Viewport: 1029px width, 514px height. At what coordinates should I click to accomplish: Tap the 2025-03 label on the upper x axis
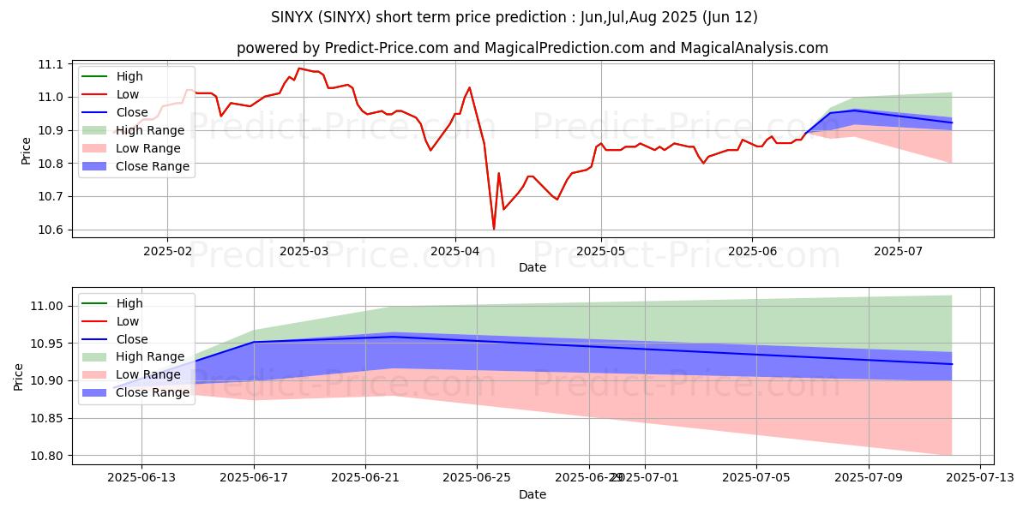pyautogui.click(x=304, y=252)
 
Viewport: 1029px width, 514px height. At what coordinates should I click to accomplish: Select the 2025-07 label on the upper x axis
pyautogui.click(x=899, y=252)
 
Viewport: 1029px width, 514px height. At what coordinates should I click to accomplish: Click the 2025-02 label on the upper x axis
pyautogui.click(x=166, y=252)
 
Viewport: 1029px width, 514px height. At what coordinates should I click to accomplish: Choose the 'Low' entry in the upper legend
pyautogui.click(x=127, y=94)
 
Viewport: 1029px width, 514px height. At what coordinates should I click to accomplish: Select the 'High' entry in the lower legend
pyautogui.click(x=129, y=303)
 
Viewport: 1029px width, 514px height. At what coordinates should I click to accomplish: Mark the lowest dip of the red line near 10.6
pyautogui.click(x=494, y=229)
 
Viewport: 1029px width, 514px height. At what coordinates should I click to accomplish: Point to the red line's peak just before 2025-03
pyautogui.click(x=298, y=69)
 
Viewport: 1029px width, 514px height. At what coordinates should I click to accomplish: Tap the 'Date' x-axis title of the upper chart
pyautogui.click(x=533, y=267)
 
